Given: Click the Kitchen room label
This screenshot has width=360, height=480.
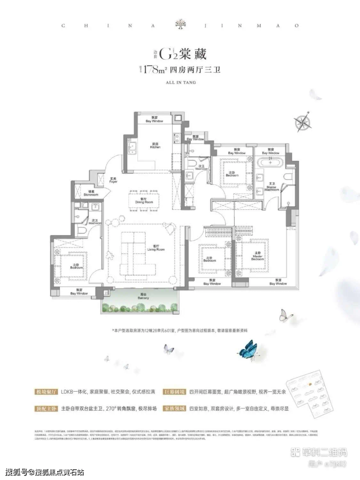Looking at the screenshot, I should [x=155, y=146].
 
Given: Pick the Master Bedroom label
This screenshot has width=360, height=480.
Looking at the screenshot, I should [x=257, y=258].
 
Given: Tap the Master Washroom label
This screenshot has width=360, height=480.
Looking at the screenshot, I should [x=271, y=188].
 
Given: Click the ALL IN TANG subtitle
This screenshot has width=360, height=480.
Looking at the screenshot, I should [x=180, y=82].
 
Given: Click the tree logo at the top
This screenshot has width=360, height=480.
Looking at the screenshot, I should [x=180, y=26].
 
